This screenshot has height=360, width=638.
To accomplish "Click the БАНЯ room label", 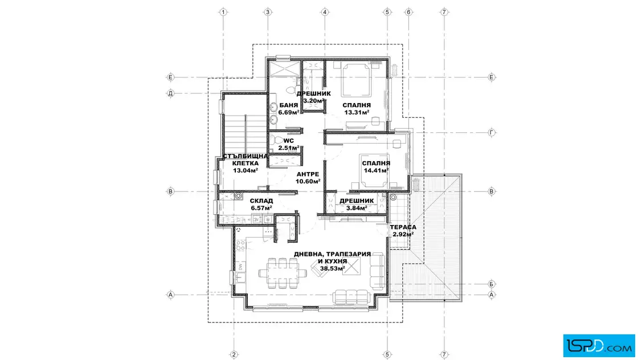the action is [288, 105].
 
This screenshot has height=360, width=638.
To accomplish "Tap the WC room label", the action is [288, 141].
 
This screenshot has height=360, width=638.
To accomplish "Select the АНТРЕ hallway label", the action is [308, 174].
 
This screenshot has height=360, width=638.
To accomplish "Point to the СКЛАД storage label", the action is [261, 201].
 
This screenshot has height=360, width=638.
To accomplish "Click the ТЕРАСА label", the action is [403, 227].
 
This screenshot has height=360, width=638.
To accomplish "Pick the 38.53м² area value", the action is [333, 268].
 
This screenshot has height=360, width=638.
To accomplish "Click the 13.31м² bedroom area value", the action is [357, 112].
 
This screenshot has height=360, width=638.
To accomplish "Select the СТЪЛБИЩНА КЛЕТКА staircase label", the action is [246, 159].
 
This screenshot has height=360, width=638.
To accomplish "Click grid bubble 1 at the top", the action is [223, 12].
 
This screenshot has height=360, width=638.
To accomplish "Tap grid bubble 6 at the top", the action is [408, 12].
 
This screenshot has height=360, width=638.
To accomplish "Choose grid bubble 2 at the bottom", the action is [234, 355].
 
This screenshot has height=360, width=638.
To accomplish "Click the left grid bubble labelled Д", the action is [170, 93].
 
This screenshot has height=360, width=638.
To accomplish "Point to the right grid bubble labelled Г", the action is [492, 132].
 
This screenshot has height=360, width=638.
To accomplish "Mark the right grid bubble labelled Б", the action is [492, 284].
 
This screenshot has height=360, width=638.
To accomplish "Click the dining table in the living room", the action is [283, 272].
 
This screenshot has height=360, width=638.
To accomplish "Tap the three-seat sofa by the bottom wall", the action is [351, 297].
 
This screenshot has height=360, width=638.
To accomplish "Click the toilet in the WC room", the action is [276, 140].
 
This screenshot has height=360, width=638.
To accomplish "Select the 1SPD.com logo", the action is [599, 346].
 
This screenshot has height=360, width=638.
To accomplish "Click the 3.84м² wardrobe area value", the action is [357, 208].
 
